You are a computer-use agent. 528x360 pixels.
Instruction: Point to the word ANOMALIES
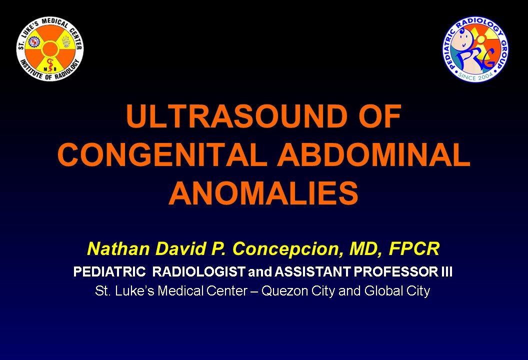click(x=263, y=193)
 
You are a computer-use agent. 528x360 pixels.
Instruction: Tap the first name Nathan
click(x=118, y=249)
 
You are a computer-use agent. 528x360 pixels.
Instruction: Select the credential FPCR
click(x=414, y=249)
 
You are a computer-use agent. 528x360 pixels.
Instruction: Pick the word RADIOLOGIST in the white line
click(x=198, y=271)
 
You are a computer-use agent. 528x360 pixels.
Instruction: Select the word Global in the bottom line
click(x=383, y=290)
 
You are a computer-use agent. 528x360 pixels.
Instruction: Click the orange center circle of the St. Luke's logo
click(x=50, y=49)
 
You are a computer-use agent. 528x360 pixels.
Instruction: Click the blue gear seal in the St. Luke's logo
click(x=34, y=42)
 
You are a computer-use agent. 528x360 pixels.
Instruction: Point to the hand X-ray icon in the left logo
click(x=65, y=42)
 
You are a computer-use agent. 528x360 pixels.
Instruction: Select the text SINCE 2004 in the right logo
click(x=475, y=76)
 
